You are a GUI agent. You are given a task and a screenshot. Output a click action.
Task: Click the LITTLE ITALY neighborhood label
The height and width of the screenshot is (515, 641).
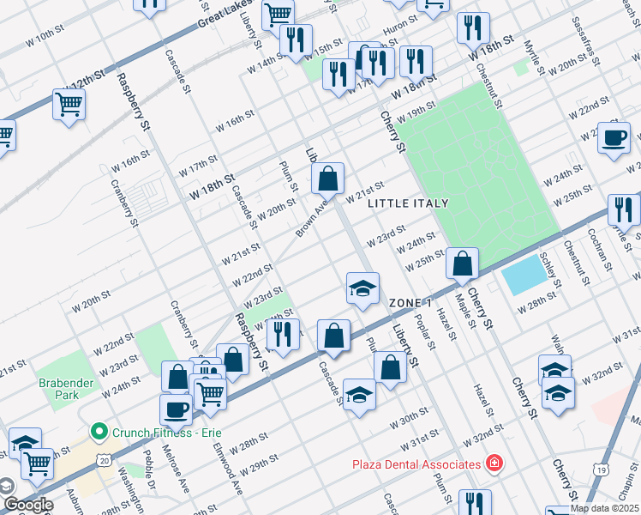(x=408, y=203)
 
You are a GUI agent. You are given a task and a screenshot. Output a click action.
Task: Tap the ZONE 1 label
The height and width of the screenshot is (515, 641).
(x=410, y=304)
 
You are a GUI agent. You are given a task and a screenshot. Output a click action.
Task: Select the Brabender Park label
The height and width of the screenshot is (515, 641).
(x=58, y=389)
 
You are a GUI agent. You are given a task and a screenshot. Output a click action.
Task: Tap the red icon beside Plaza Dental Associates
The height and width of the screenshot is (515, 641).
(x=494, y=464)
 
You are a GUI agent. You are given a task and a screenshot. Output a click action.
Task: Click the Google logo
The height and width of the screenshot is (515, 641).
(x=27, y=505)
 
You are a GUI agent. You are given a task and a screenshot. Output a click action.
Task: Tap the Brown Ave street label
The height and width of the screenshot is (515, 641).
(x=312, y=221)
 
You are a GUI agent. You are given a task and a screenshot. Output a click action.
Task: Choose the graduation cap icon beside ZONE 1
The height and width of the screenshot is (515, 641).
(x=362, y=288)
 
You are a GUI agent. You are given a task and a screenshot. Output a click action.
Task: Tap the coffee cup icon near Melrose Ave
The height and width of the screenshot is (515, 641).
(x=177, y=409)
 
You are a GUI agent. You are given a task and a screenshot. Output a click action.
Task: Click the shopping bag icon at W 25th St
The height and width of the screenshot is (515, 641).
(x=462, y=264)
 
